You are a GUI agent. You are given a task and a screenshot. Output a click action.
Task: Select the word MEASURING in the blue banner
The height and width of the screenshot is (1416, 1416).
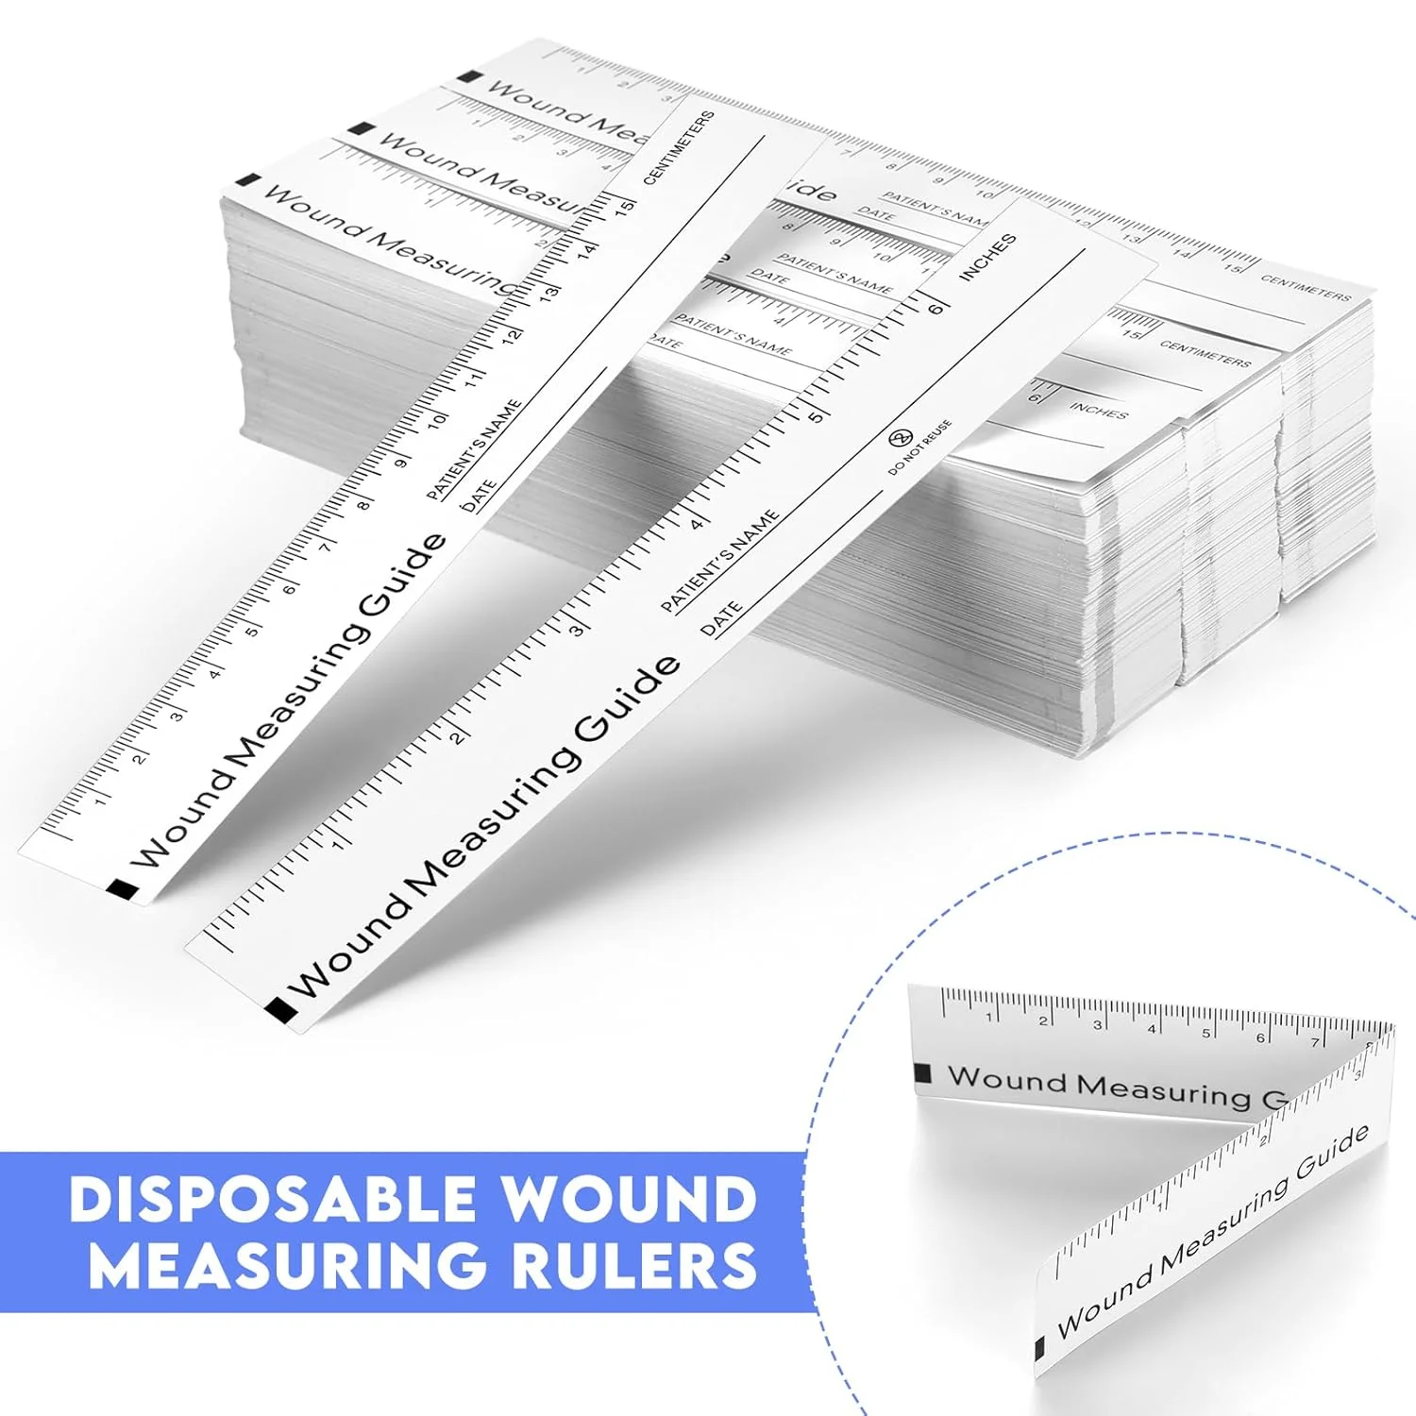(x=294, y=1266)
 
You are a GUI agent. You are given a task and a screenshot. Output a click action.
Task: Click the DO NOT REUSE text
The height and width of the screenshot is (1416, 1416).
(x=919, y=447)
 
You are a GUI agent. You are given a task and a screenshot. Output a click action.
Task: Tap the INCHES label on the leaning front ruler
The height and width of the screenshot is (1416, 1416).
(x=987, y=257)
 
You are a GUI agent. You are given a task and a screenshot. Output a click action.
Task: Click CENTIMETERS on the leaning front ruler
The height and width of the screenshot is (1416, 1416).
(x=679, y=147)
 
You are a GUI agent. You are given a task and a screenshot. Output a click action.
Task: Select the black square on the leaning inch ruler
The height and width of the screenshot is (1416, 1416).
(x=280, y=1010)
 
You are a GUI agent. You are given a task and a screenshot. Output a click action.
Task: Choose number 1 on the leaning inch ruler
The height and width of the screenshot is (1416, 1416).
(x=338, y=841)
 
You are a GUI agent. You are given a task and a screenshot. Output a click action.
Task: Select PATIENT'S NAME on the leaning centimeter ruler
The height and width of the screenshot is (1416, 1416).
(x=474, y=449)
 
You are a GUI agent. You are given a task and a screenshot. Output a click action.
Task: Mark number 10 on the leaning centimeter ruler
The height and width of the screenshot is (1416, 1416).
(x=436, y=418)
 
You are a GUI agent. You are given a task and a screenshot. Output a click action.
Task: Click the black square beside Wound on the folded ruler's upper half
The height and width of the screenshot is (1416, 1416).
(x=923, y=1073)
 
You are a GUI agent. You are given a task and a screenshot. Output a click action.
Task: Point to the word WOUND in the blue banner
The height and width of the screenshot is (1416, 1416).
(x=627, y=1200)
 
